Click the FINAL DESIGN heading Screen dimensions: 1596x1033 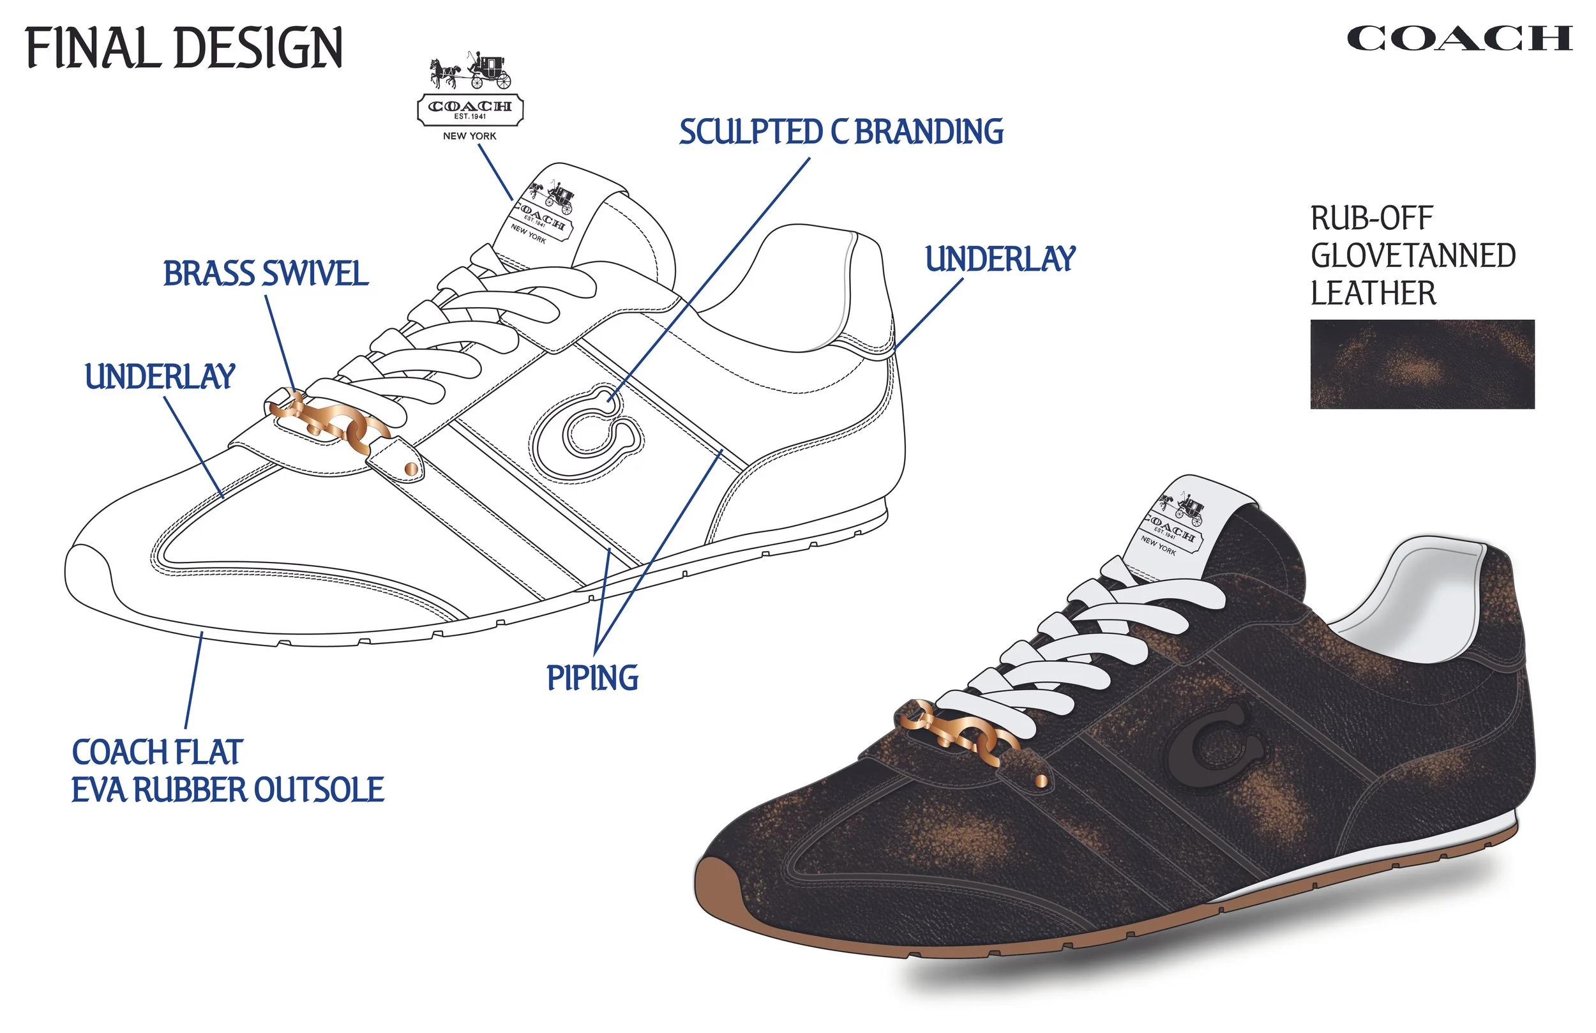click(x=184, y=48)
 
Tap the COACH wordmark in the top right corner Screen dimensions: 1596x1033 click(x=1459, y=39)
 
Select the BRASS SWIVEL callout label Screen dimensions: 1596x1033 click(x=266, y=274)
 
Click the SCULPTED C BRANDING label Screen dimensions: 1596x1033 click(x=841, y=132)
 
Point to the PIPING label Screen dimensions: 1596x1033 click(x=592, y=677)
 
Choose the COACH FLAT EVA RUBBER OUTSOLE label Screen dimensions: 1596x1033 click(x=227, y=771)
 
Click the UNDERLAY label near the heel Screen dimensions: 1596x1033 click(x=1000, y=260)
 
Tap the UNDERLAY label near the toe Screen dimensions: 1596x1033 click(x=160, y=376)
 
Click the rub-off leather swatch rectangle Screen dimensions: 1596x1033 click(x=1422, y=365)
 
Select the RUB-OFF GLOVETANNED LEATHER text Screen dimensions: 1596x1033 click(x=1412, y=255)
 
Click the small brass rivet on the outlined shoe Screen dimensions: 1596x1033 click(x=411, y=467)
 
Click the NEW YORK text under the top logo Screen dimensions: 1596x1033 click(x=469, y=136)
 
